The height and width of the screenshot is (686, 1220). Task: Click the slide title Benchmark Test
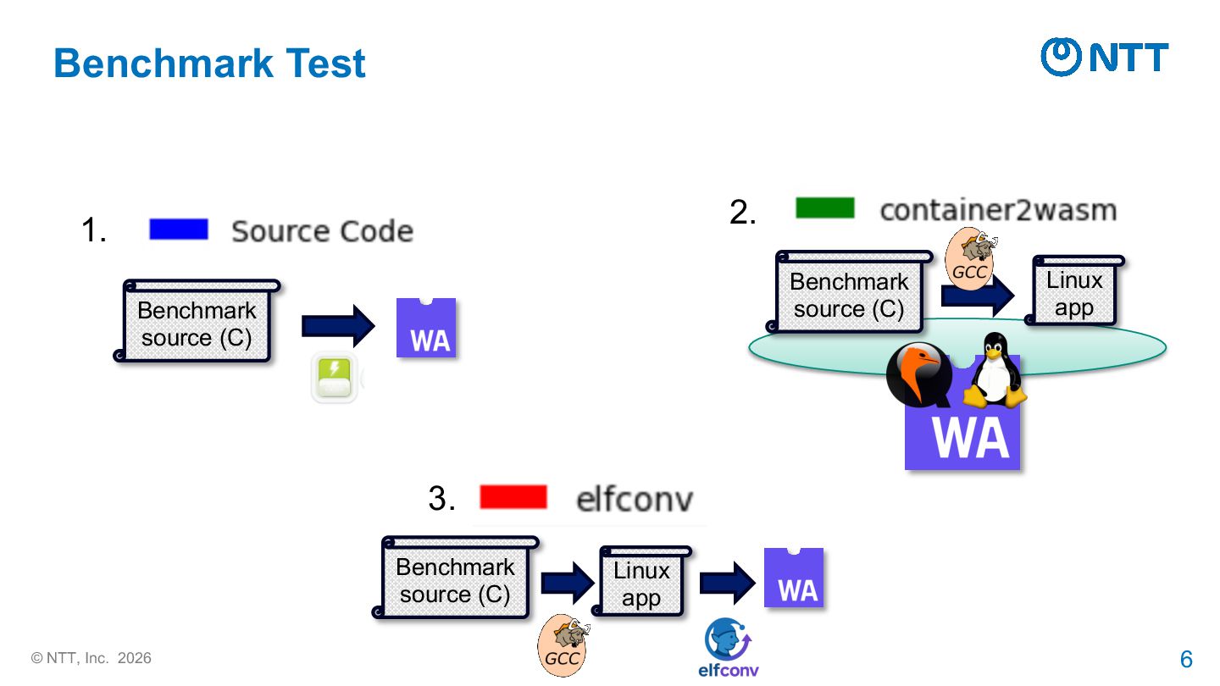click(x=209, y=64)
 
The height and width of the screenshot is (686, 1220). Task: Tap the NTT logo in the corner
click(x=1104, y=57)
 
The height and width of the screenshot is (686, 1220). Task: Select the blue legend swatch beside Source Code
click(x=179, y=230)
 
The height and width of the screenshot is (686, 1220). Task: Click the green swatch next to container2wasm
click(x=824, y=208)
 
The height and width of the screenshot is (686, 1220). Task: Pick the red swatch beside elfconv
click(x=513, y=497)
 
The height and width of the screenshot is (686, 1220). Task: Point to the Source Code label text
click(x=322, y=231)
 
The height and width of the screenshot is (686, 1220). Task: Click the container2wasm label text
click(x=997, y=210)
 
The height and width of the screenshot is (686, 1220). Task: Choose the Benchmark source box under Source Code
click(x=197, y=324)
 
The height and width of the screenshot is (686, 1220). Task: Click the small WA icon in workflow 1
click(x=426, y=328)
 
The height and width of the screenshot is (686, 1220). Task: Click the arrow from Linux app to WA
click(x=727, y=583)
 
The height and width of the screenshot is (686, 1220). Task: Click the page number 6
click(x=1186, y=659)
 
